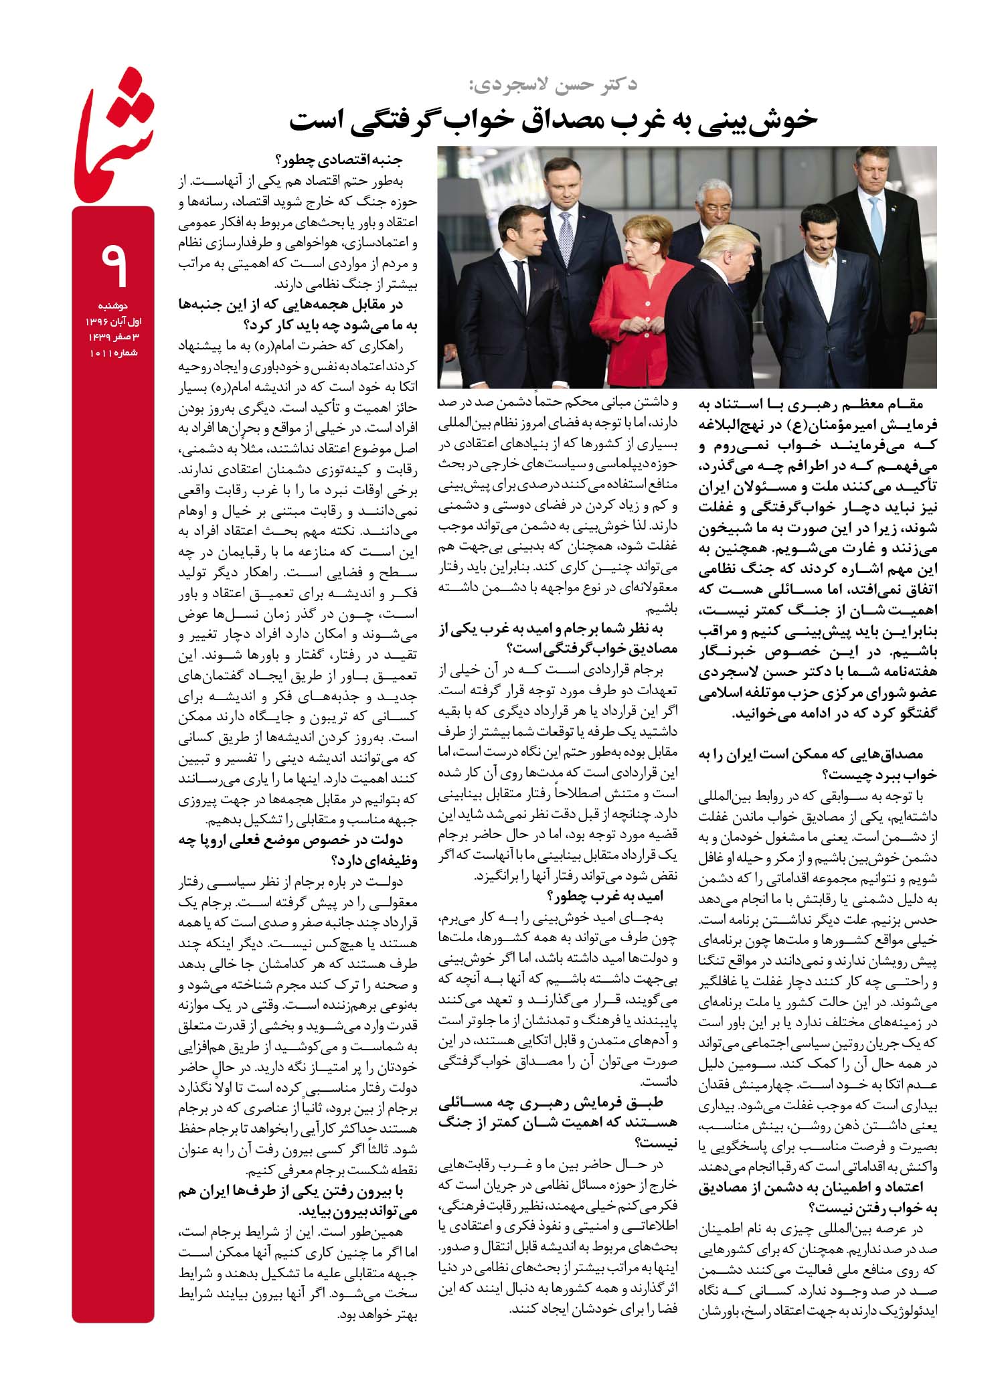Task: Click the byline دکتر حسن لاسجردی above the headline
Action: pos(553,84)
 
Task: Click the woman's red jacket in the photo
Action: pos(633,295)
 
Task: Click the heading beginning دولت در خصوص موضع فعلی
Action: pos(298,849)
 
